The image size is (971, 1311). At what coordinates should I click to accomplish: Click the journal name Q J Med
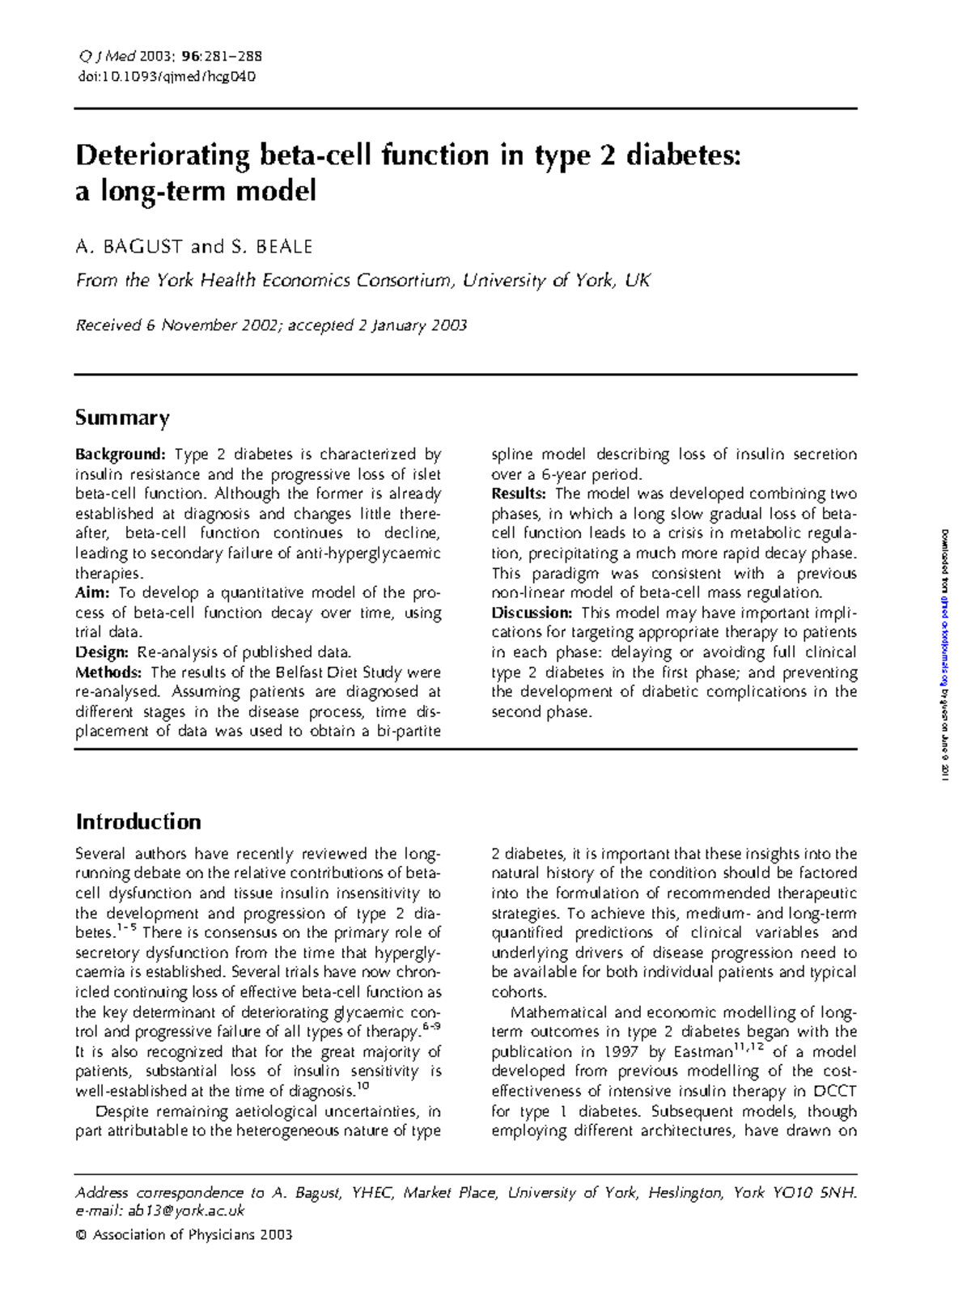[x=106, y=57]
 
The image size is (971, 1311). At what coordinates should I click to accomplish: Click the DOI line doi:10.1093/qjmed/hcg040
[x=166, y=77]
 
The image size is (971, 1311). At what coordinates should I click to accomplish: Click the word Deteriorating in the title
[x=162, y=155]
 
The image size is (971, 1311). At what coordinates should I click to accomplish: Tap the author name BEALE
[x=284, y=247]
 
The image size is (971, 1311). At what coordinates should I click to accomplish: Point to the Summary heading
[x=122, y=418]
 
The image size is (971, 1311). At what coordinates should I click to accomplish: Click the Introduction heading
[x=138, y=822]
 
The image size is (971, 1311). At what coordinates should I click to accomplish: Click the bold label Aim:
[x=92, y=593]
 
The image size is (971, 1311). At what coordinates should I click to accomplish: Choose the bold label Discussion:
[x=532, y=613]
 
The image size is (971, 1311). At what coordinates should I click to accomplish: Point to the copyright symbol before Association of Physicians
[x=80, y=1235]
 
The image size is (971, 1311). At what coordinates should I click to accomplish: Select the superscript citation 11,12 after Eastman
[x=748, y=1048]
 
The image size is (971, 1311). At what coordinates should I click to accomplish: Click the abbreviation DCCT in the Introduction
[x=835, y=1092]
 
